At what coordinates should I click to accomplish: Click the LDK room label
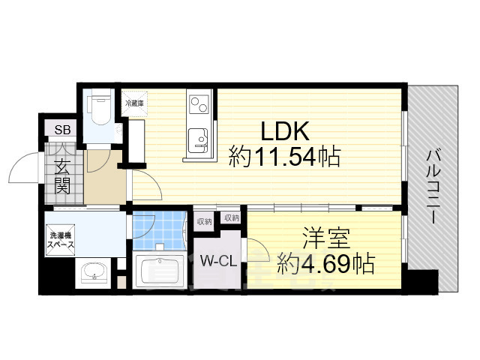285,132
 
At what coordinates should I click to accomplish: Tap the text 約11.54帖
285,158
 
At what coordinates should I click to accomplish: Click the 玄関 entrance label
61,174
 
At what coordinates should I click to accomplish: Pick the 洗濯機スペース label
59,240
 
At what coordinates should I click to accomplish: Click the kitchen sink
198,139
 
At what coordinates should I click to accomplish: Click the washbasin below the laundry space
93,271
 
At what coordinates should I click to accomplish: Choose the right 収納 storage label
231,218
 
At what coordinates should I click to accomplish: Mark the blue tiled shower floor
159,228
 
